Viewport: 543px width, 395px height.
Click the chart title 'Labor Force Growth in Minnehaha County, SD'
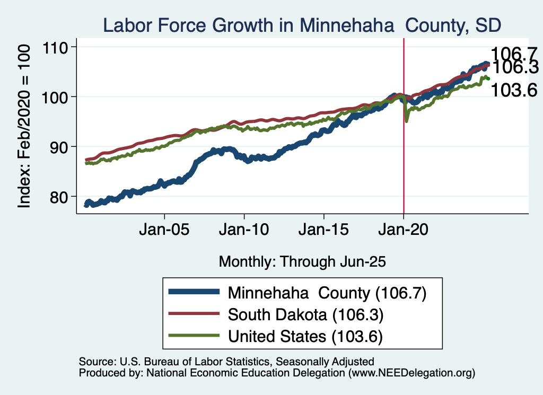click(302, 25)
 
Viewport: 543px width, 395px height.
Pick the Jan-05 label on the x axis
click(164, 231)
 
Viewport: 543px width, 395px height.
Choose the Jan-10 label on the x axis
click(244, 231)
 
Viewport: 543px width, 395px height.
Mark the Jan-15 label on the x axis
click(324, 231)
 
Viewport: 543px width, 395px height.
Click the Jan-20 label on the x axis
click(404, 231)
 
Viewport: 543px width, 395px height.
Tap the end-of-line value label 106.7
click(514, 54)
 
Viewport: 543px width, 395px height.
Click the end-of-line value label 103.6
click(514, 90)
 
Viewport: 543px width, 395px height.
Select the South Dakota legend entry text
click(305, 314)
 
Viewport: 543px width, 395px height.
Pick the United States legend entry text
click(305, 336)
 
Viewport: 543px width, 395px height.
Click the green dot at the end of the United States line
click(488, 79)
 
